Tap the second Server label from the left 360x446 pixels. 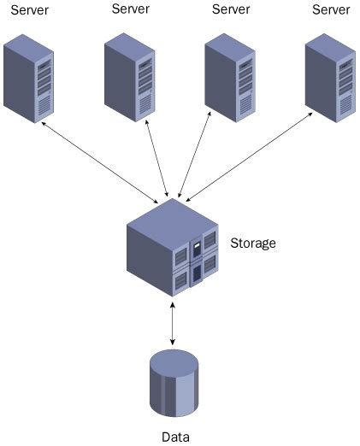[132, 9]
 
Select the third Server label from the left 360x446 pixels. [231, 9]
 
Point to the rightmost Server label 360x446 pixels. [332, 9]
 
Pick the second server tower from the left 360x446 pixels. [129, 78]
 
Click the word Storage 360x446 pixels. [253, 244]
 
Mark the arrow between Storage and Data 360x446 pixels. [174, 322]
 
